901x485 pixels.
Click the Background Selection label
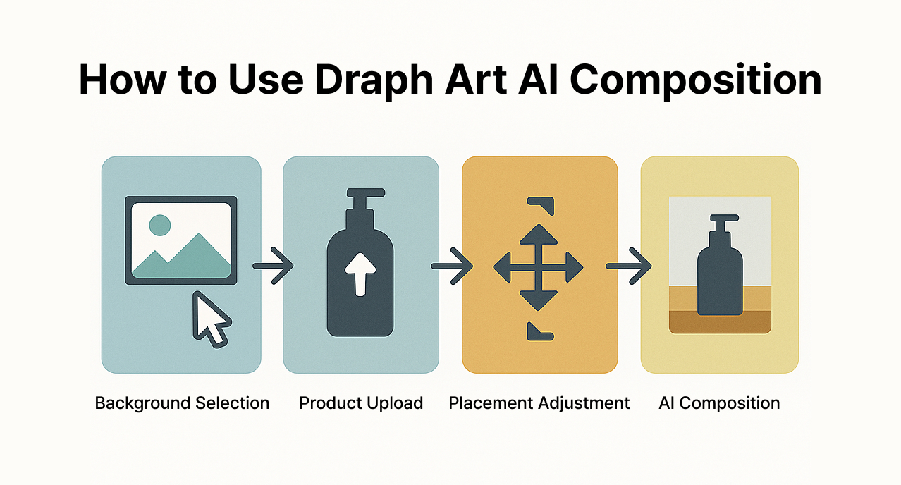coord(182,403)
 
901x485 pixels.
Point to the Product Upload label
coord(361,403)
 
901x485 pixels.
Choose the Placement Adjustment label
coord(539,403)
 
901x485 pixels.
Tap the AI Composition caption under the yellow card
coord(719,403)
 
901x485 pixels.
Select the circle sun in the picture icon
coord(160,225)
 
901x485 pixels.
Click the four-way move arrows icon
coord(539,267)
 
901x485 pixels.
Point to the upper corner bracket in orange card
coord(542,204)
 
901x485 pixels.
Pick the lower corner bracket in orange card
coord(541,331)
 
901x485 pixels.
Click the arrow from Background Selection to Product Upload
coord(273,266)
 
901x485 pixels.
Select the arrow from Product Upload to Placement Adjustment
coord(451,266)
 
